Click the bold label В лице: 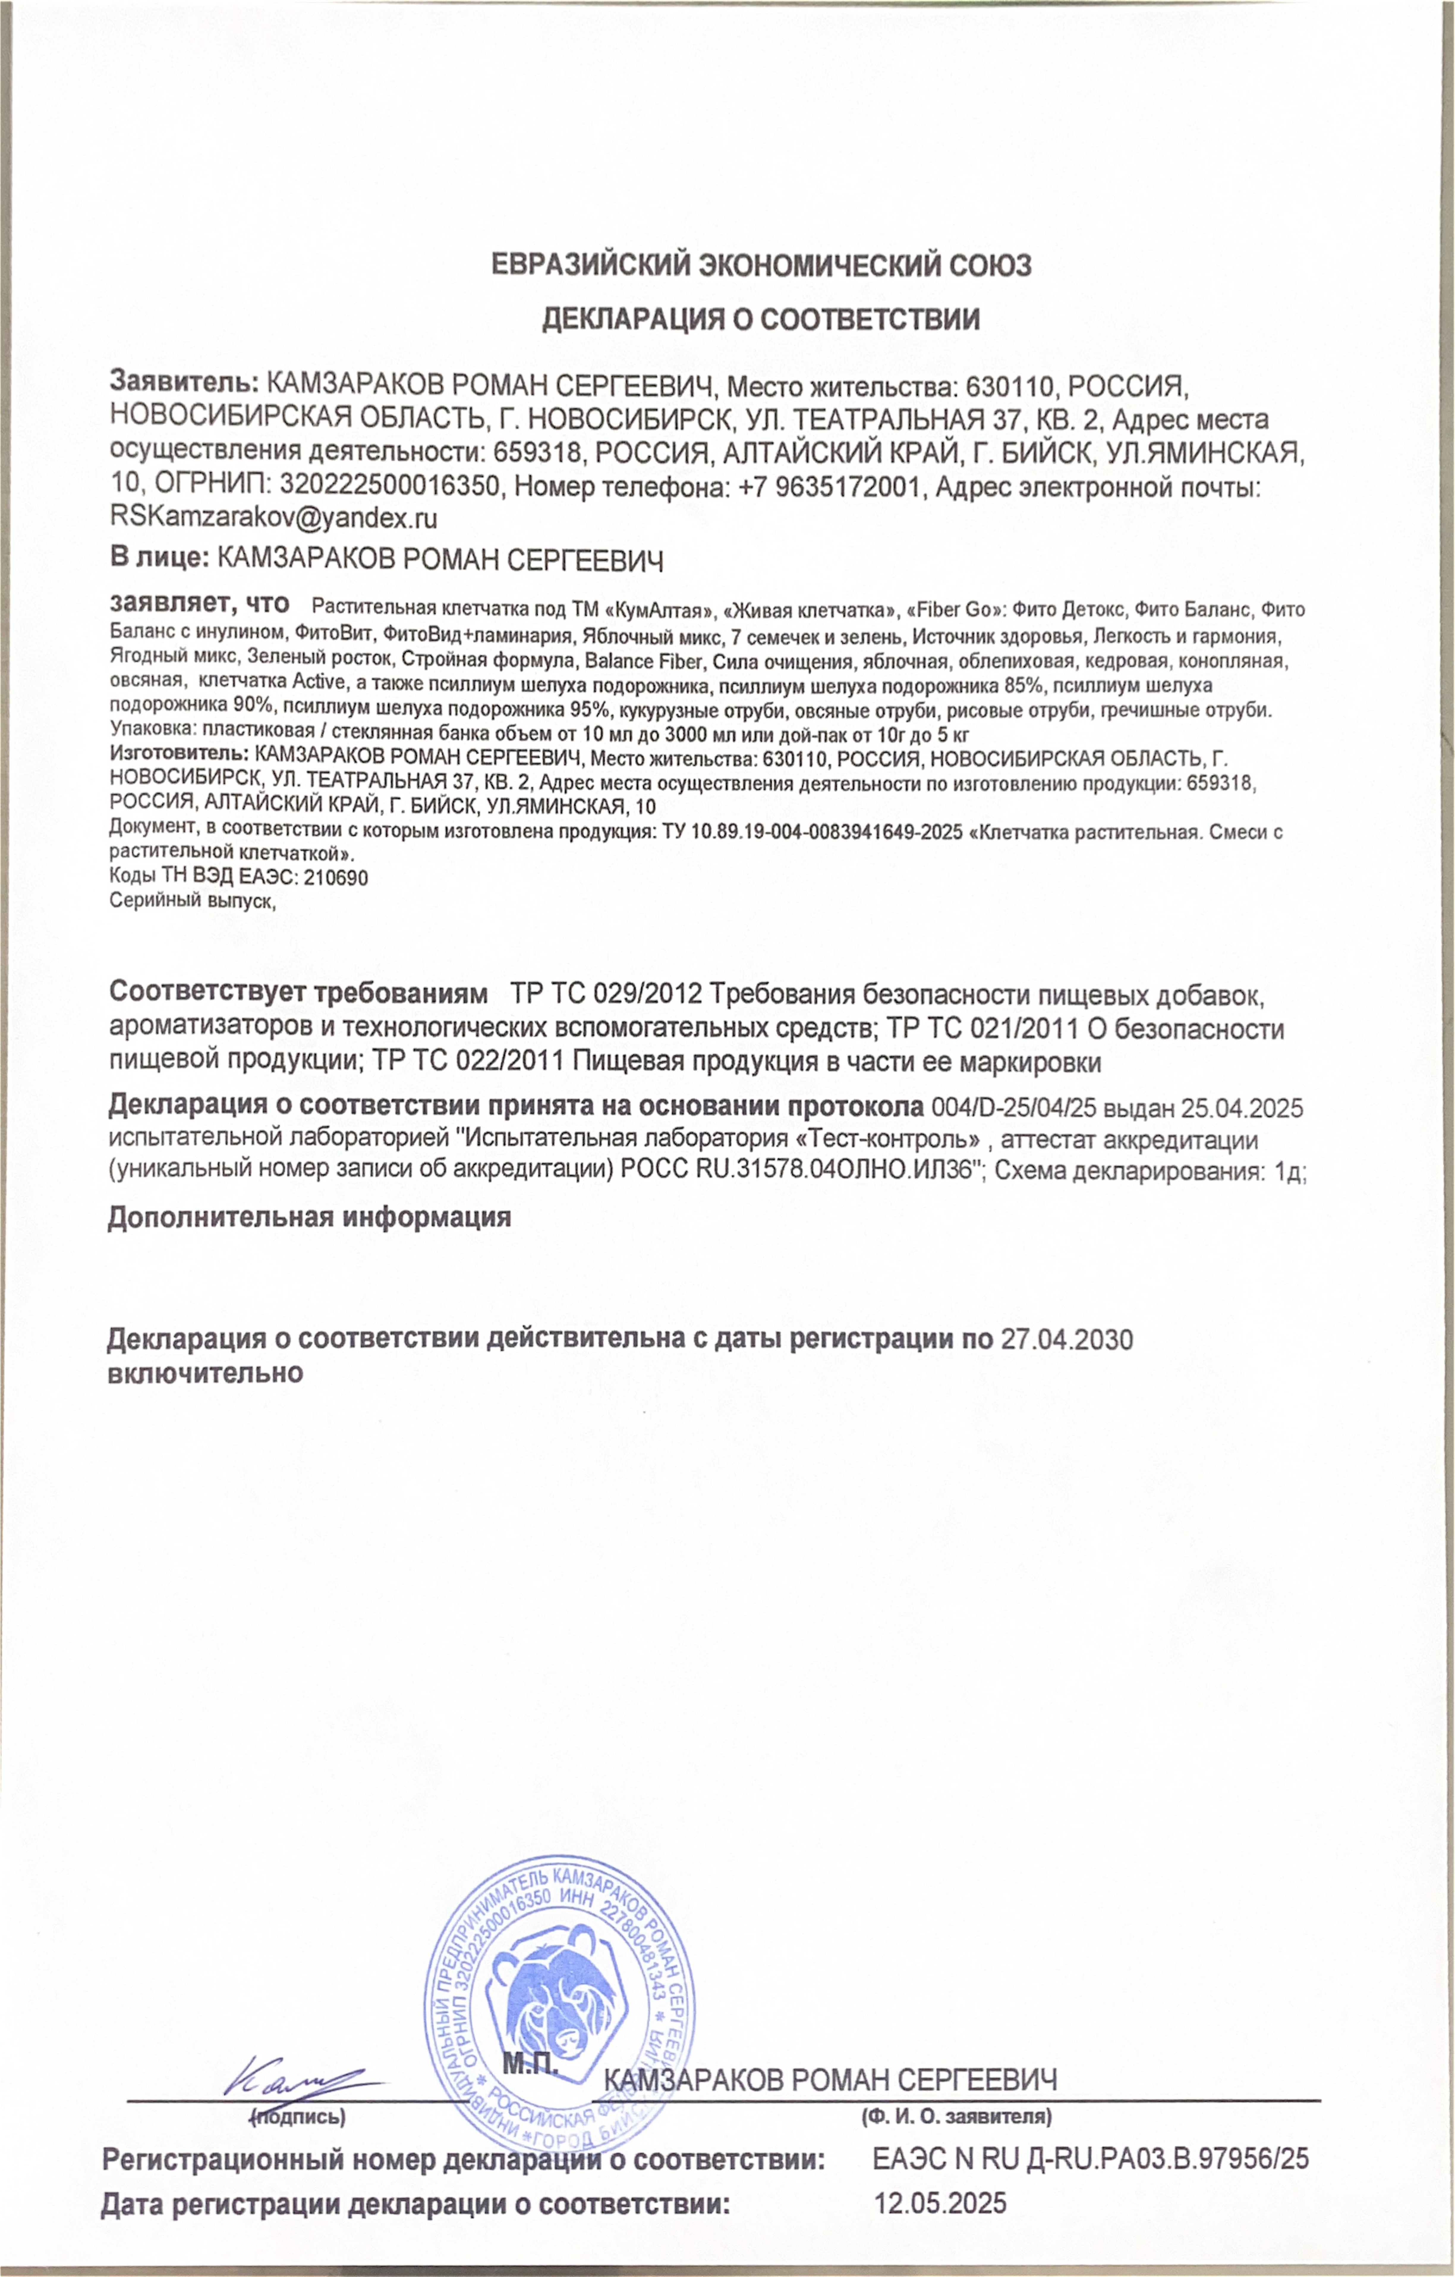coord(159,558)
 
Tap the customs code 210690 coord(336,877)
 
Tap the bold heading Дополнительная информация coord(309,1217)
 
